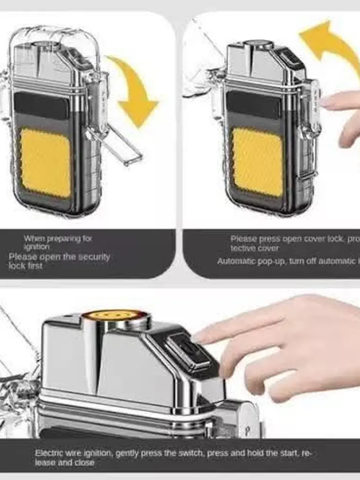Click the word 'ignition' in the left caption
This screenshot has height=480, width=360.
pyautogui.click(x=36, y=247)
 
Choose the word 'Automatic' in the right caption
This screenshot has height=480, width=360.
pyautogui.click(x=235, y=261)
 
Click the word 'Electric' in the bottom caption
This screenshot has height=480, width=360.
pyautogui.click(x=49, y=453)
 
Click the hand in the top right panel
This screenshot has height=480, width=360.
pyautogui.click(x=343, y=114)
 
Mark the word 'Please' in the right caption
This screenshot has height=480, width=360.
pyautogui.click(x=243, y=239)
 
